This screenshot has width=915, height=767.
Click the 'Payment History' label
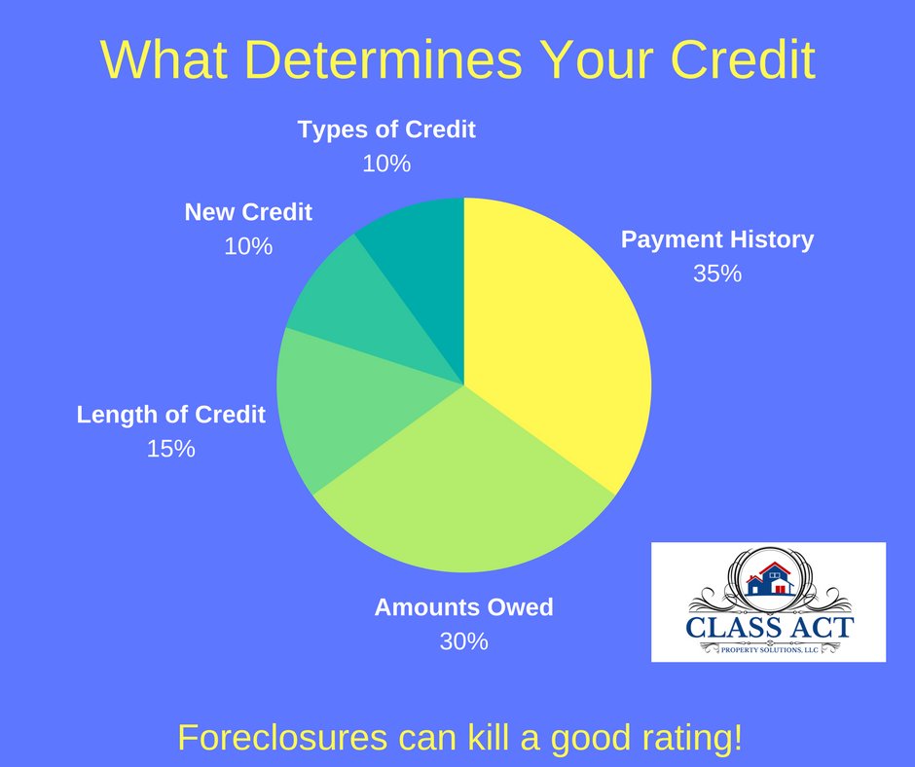click(x=717, y=239)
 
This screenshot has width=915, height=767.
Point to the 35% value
click(x=717, y=274)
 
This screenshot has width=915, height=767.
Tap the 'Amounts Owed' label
click(x=463, y=607)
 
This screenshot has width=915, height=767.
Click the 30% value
click(x=463, y=641)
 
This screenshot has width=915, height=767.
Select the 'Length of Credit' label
click(x=171, y=415)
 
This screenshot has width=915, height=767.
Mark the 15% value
click(x=171, y=449)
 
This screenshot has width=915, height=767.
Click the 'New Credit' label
click(x=248, y=212)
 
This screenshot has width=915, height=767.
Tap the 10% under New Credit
click(x=248, y=246)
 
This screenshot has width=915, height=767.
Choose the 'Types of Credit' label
click(x=386, y=129)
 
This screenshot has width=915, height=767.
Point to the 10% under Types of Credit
click(x=386, y=164)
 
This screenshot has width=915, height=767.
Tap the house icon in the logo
click(x=769, y=578)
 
